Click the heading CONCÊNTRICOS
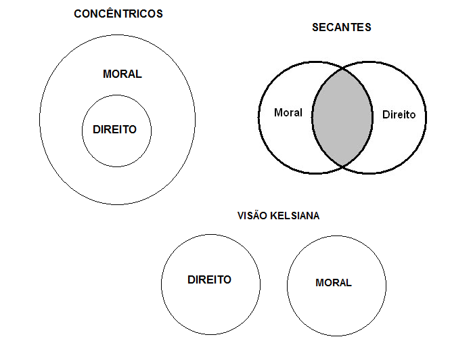click(118, 14)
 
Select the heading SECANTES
click(342, 28)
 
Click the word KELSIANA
click(296, 216)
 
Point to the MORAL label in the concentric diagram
click(122, 74)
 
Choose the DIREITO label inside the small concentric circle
click(114, 129)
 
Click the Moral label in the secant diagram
click(288, 112)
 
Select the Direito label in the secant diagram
click(399, 114)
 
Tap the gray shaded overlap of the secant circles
click(342, 116)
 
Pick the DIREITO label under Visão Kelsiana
click(209, 279)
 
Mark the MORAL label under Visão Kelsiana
click(334, 283)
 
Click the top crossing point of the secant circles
click(342, 68)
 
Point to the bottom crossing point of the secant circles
click(342, 166)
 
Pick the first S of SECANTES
click(315, 28)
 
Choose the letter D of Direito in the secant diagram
click(386, 114)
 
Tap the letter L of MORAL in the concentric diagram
click(139, 74)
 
